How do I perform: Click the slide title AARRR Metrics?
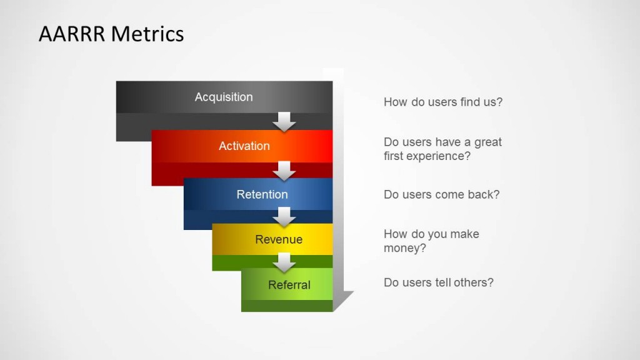(111, 34)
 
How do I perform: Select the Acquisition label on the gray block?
(224, 97)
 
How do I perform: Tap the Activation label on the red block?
(244, 146)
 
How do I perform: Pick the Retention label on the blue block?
(262, 194)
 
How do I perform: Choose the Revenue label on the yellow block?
(279, 239)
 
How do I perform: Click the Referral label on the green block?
(289, 285)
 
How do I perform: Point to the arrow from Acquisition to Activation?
(285, 122)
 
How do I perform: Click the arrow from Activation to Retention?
(285, 171)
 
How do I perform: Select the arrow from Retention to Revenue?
(285, 217)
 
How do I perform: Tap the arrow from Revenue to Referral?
(285, 262)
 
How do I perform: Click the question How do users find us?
(442, 102)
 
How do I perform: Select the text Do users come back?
(441, 194)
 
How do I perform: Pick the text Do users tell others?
(438, 282)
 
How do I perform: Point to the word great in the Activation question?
(487, 142)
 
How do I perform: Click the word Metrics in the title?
(148, 34)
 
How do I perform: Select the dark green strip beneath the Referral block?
(287, 306)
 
